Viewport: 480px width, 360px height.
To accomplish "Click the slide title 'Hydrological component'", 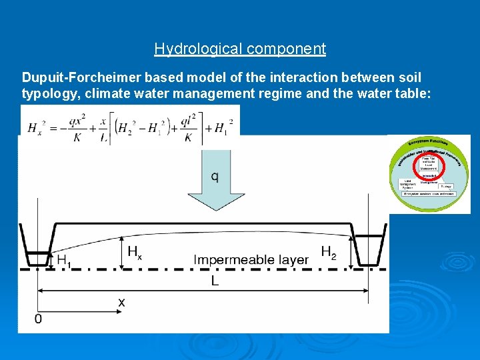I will point(240,49).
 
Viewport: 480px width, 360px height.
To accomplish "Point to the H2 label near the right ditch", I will point(329,252).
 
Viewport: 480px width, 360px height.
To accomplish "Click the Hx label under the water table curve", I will point(134,252).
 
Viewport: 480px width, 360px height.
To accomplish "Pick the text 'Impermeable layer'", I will point(251,259).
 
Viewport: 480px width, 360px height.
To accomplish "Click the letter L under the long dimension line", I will point(215,281).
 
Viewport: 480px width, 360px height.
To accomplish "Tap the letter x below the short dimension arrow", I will point(121,302).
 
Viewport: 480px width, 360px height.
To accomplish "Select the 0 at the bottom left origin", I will point(38,319).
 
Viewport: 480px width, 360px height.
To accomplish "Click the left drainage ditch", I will point(37,247).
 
